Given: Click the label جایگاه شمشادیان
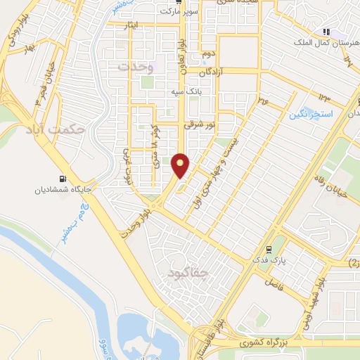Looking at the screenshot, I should click(x=61, y=190).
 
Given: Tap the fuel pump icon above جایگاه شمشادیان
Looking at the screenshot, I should click(x=65, y=178).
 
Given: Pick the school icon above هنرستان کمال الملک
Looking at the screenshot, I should click(x=326, y=32).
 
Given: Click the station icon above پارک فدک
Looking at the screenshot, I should click(x=268, y=249).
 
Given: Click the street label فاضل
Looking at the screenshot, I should click(x=274, y=283).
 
